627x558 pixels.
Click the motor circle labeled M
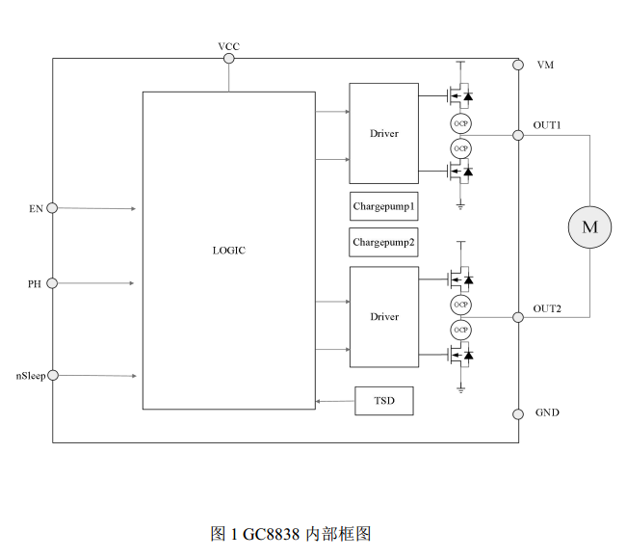(589, 226)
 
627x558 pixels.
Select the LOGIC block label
(228, 251)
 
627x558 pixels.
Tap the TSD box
(384, 401)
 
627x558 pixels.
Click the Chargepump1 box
(383, 206)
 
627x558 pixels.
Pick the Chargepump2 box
(383, 241)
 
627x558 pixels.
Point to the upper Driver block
(383, 134)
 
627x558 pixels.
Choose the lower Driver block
(383, 317)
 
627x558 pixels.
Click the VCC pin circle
(229, 59)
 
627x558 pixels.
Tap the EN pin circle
(52, 207)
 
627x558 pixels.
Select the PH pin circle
(52, 283)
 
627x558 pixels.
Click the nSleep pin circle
(52, 375)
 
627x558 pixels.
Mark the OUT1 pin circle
(518, 135)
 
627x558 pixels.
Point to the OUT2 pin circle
(518, 317)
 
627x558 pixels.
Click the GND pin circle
(518, 413)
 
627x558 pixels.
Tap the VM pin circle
(518, 66)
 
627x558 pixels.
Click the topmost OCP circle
(461, 122)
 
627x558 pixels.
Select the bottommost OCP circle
(461, 330)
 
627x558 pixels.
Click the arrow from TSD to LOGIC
(335, 401)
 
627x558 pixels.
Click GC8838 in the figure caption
(272, 533)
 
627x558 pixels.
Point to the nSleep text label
(29, 375)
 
